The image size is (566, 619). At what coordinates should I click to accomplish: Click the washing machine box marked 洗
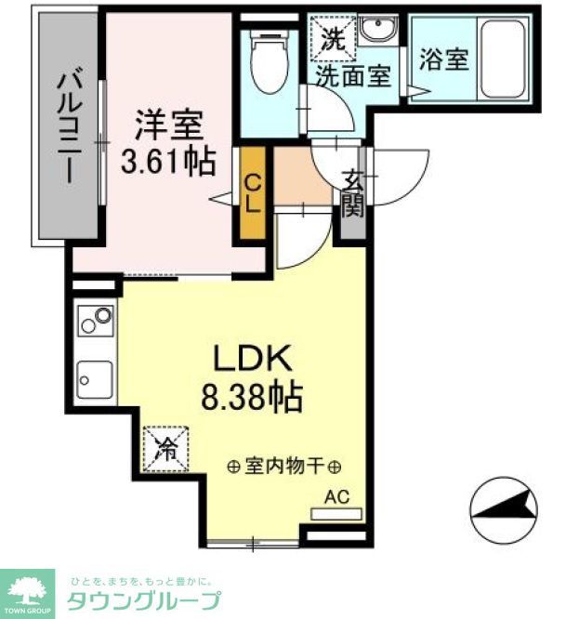(332, 39)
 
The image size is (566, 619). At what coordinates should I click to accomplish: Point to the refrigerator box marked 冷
(165, 449)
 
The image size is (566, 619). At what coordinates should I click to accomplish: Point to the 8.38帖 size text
(252, 399)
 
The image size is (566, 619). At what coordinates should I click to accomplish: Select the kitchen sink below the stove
(95, 379)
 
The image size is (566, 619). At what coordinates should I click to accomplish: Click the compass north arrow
(505, 508)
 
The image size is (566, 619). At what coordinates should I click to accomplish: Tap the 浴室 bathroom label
(443, 59)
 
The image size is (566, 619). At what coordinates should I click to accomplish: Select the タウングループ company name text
(144, 599)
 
